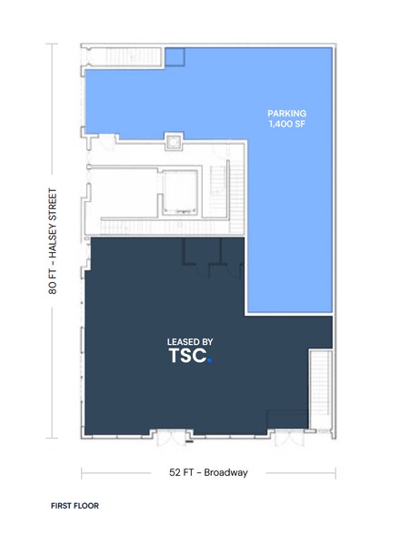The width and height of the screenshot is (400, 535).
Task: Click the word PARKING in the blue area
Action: point(286,114)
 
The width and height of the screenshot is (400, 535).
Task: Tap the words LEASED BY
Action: point(190,342)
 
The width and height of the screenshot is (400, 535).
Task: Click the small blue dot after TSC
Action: point(208,360)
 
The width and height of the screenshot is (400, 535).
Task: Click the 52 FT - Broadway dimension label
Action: point(209,472)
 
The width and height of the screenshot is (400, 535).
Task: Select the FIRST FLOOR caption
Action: point(75,505)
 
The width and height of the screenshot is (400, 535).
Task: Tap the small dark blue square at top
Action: point(175,57)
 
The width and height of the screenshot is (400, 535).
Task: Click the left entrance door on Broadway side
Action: point(169,439)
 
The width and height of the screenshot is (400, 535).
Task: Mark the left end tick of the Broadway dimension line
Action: point(82,472)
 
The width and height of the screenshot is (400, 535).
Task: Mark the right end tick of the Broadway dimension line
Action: point(336,472)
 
